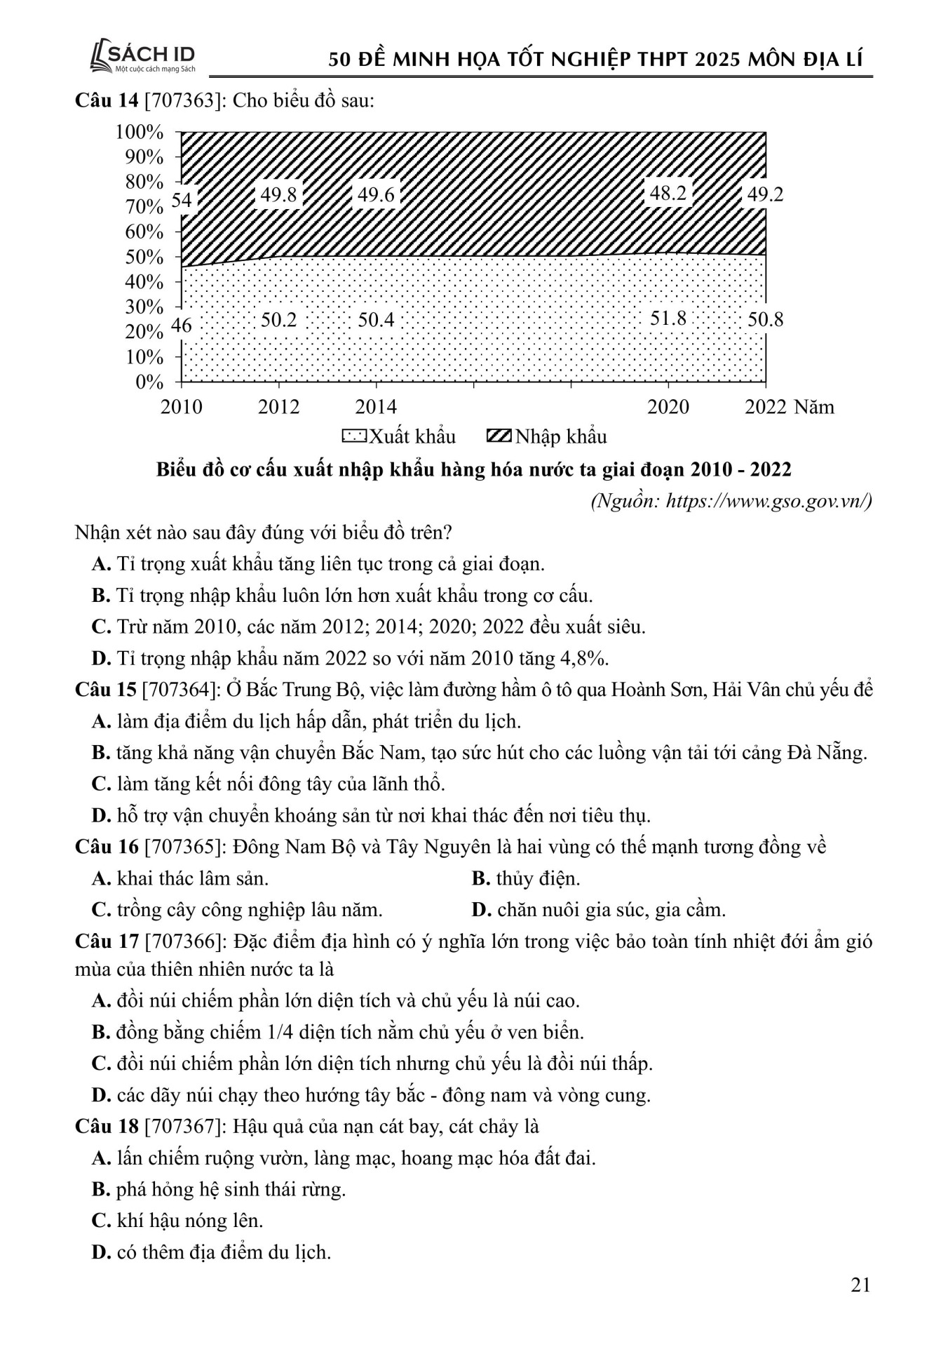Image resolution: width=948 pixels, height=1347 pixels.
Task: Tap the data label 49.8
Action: (x=278, y=194)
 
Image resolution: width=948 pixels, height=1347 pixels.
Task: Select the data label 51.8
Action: (x=668, y=318)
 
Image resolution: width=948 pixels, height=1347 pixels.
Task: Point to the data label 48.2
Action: (x=668, y=193)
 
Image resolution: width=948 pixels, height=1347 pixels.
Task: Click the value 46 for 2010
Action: (x=182, y=325)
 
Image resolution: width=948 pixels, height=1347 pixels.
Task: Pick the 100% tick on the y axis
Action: (x=144, y=132)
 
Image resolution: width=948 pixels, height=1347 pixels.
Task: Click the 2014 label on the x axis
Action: (x=376, y=407)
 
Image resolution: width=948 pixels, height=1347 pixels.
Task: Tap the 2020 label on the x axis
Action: (x=668, y=407)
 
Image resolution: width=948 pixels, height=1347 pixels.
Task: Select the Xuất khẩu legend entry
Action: (x=399, y=436)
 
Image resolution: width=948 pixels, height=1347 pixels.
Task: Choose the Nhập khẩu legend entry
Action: (x=546, y=436)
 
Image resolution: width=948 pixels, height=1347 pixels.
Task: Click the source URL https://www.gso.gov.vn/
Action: (x=768, y=501)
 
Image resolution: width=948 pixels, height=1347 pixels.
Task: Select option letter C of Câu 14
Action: (x=101, y=626)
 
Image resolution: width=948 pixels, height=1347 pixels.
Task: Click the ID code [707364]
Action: (x=182, y=690)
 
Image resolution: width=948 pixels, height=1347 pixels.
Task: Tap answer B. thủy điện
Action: (x=526, y=878)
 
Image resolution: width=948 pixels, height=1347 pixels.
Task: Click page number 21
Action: (x=860, y=1285)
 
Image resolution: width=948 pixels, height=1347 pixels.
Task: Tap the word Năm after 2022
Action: (x=814, y=407)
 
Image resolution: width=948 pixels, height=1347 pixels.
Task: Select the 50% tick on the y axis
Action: (x=144, y=257)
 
